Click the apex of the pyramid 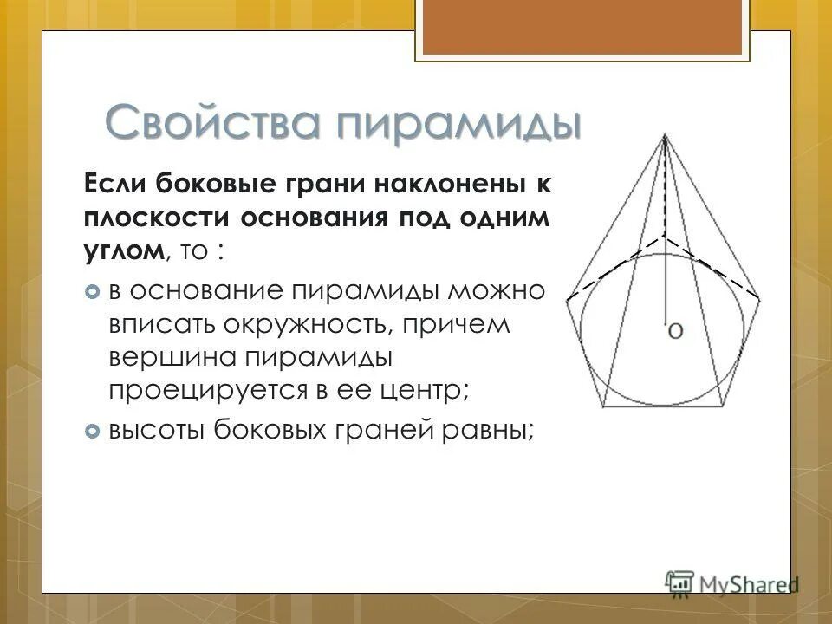pyautogui.click(x=665, y=135)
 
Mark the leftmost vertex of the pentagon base pyautogui.click(x=568, y=300)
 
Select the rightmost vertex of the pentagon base pyautogui.click(x=760, y=300)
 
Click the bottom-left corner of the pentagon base pyautogui.click(x=604, y=406)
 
